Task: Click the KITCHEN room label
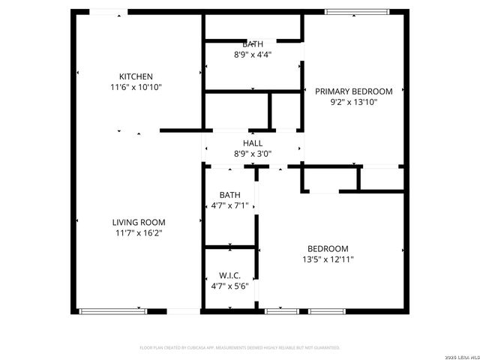point(136,76)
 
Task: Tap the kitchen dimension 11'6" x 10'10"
point(136,87)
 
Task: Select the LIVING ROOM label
point(139,222)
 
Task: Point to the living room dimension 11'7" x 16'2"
point(139,233)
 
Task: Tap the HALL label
point(253,143)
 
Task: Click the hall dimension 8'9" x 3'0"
point(253,154)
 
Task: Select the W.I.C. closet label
point(229,276)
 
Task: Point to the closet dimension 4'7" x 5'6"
point(229,286)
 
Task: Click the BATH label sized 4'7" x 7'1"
point(229,195)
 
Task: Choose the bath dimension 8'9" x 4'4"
point(253,55)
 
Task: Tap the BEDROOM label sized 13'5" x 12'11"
point(328,249)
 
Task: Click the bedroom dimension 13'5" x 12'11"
point(328,259)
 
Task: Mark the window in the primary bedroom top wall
point(357,11)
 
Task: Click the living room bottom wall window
point(113,310)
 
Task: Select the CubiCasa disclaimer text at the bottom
point(240,348)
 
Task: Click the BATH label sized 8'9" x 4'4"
point(253,44)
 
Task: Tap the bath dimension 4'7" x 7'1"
point(229,205)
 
